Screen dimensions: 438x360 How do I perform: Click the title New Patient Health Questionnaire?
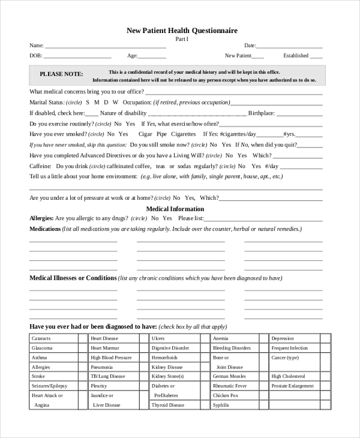(x=182, y=31)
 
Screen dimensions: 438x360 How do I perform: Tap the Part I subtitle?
(x=182, y=39)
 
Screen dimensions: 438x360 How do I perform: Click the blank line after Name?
(x=106, y=46)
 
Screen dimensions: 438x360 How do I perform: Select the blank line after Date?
(x=290, y=46)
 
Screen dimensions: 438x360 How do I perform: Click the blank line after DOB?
(x=77, y=56)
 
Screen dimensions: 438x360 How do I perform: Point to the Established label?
(x=296, y=56)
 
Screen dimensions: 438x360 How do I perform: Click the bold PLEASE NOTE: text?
(x=61, y=74)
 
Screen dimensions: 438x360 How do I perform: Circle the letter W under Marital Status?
(x=115, y=103)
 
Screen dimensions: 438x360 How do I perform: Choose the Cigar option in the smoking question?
(x=145, y=134)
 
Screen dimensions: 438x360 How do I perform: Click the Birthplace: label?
(x=262, y=113)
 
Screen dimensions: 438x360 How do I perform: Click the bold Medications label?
(x=45, y=229)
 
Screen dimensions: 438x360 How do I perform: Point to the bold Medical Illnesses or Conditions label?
(x=73, y=278)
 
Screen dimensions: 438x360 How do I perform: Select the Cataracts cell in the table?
(x=41, y=338)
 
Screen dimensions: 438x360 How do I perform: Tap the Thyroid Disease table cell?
(x=168, y=405)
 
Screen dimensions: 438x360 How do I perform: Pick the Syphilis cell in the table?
(x=221, y=405)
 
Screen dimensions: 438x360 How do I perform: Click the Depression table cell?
(x=283, y=338)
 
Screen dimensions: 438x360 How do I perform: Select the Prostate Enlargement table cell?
(x=292, y=386)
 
